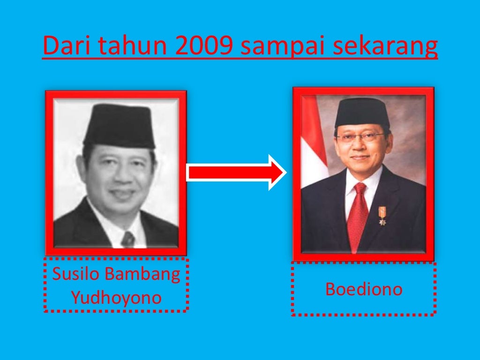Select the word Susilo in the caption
[x=74, y=274]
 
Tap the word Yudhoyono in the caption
[x=116, y=298]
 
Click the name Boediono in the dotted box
[x=364, y=289]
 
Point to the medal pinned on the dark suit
[x=382, y=216]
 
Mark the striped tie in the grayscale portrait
[x=127, y=239]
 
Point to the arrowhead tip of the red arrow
[x=285, y=172]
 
